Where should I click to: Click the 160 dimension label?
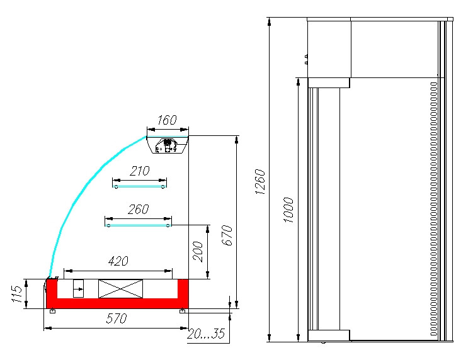[167, 120]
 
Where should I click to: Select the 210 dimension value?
[140, 171]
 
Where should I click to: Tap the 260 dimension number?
[138, 209]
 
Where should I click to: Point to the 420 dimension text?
[118, 261]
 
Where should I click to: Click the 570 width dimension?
[117, 318]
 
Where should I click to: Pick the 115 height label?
[17, 294]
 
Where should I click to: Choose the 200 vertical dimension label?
[198, 252]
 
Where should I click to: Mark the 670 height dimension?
[228, 235]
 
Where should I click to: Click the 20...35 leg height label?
[206, 334]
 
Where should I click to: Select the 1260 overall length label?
[259, 181]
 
